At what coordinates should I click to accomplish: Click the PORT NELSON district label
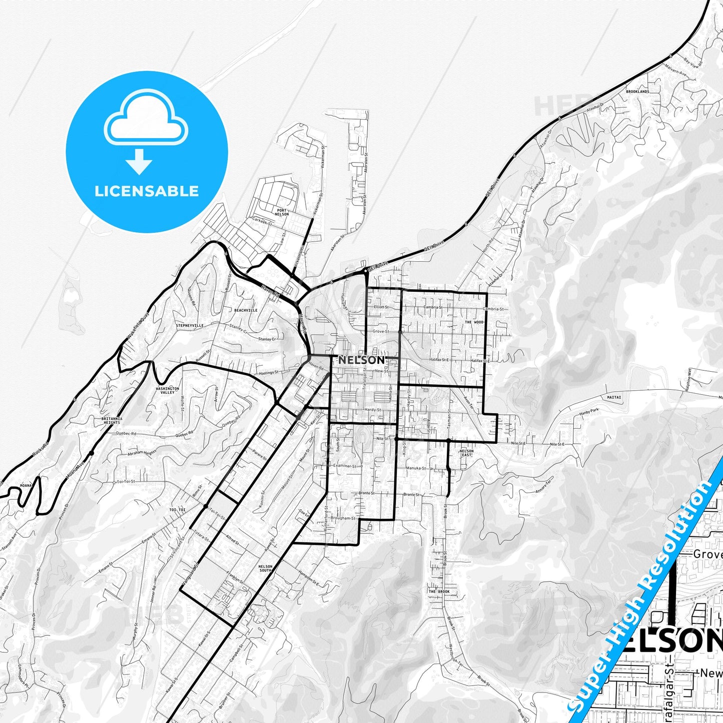point(282,212)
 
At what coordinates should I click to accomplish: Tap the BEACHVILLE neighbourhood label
point(246,310)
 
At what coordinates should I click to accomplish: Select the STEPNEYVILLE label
point(190,325)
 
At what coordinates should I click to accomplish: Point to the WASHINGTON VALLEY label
point(167,390)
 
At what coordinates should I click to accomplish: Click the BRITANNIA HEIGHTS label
point(112,420)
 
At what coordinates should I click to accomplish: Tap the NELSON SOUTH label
point(265,568)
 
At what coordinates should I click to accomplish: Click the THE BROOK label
point(439,591)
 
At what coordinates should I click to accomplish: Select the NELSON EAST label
point(466,453)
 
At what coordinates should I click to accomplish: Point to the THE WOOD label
point(474,322)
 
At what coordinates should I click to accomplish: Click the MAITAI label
point(614,397)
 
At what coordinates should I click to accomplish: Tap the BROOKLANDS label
point(637,92)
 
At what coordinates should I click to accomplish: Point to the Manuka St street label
point(415,468)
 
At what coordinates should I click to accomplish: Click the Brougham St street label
point(343,518)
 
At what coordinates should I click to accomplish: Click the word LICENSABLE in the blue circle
point(147,191)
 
